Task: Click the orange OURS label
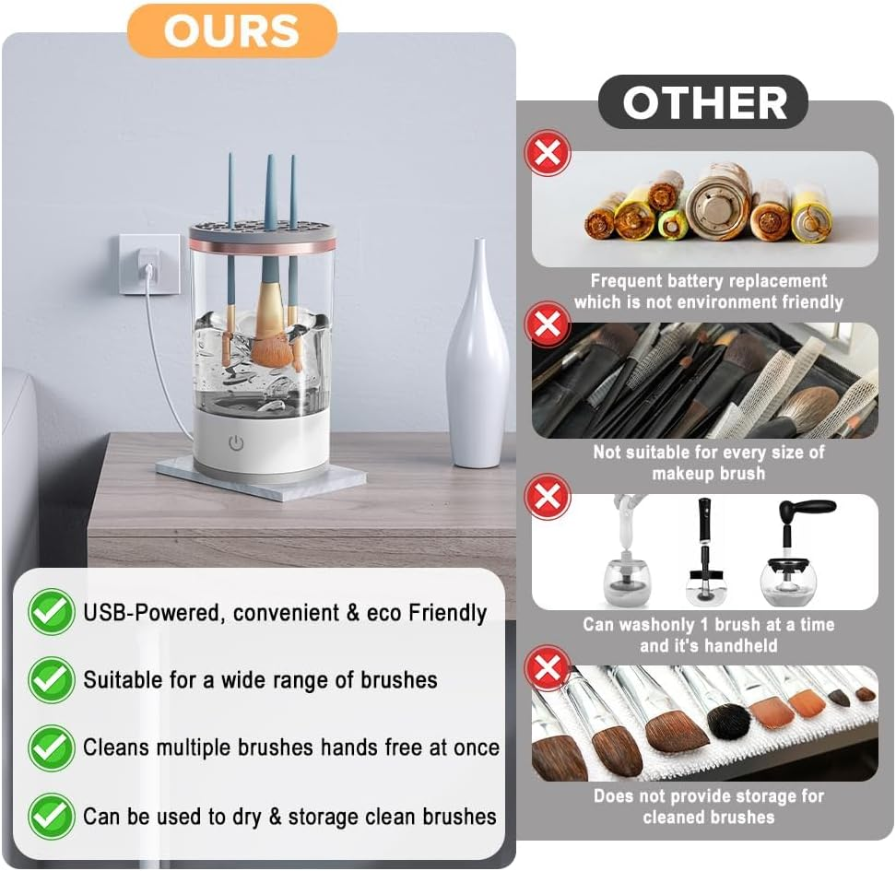point(232,30)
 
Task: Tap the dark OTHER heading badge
point(703,102)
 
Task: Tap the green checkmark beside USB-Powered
point(51,612)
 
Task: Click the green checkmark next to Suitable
point(51,680)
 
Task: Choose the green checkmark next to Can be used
point(51,816)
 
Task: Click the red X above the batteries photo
point(548,153)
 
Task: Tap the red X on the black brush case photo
point(548,324)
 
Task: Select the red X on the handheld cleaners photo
point(548,496)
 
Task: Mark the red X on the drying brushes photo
point(548,667)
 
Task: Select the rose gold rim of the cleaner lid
point(263,244)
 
